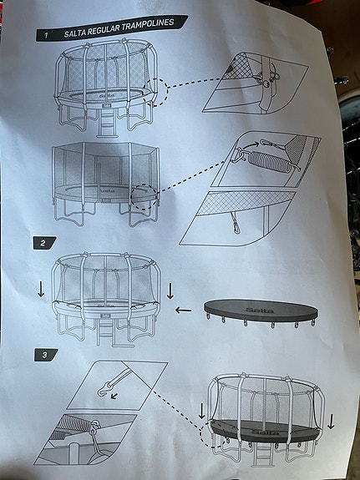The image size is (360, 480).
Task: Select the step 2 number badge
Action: pos(41,243)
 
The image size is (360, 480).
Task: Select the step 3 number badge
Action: pos(41,354)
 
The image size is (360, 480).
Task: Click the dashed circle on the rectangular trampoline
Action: pos(144,194)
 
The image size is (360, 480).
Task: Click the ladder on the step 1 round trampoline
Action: pos(106,125)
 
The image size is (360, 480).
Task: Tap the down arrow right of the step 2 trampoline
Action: pos(170,291)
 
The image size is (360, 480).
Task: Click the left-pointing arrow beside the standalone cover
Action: pos(183,311)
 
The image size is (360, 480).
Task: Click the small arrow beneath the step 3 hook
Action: pos(114,398)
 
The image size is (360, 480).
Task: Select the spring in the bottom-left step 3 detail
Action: pos(68,435)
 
